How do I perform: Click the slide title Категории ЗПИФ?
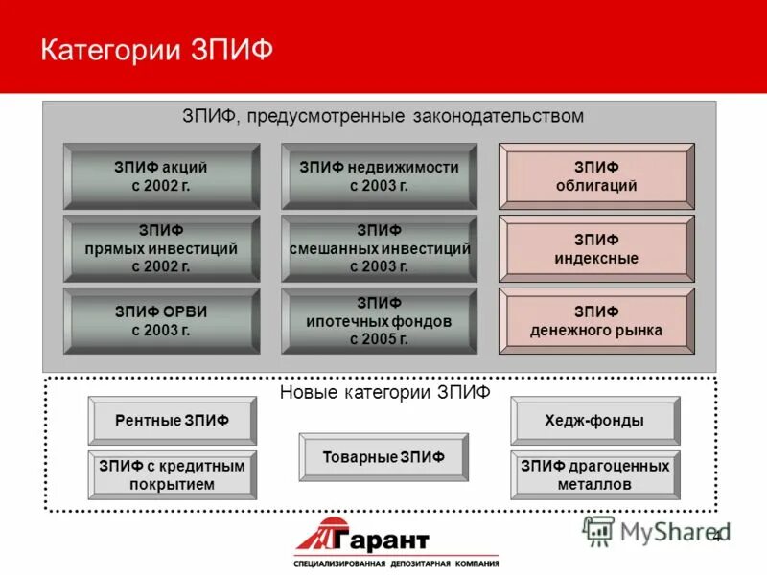click(157, 49)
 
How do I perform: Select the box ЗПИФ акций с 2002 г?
click(161, 176)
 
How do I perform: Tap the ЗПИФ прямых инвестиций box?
click(161, 248)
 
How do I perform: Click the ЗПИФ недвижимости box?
click(379, 176)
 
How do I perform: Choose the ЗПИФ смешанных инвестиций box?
click(379, 248)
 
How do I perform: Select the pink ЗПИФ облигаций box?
click(596, 176)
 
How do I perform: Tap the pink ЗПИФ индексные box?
click(596, 248)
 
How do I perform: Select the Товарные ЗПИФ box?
click(383, 457)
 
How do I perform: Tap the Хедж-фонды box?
click(594, 421)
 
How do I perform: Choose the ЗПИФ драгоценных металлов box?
click(594, 474)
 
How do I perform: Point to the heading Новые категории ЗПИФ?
click(384, 392)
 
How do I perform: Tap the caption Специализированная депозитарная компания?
click(396, 563)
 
